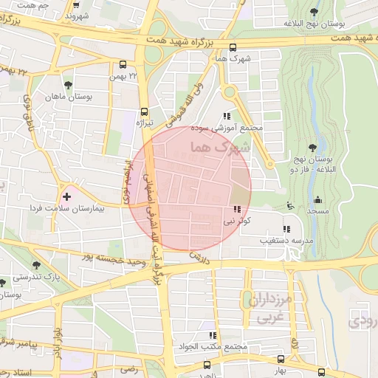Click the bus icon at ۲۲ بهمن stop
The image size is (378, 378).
123,64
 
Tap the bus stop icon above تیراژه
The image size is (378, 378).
144,112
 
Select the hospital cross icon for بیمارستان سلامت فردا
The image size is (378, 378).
67,197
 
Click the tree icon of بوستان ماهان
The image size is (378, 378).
69,85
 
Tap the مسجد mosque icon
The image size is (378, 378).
318,199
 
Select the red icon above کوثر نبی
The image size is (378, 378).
237,209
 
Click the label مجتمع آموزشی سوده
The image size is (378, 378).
227,127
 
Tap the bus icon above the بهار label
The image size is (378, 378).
320,373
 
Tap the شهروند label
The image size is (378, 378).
76,15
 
